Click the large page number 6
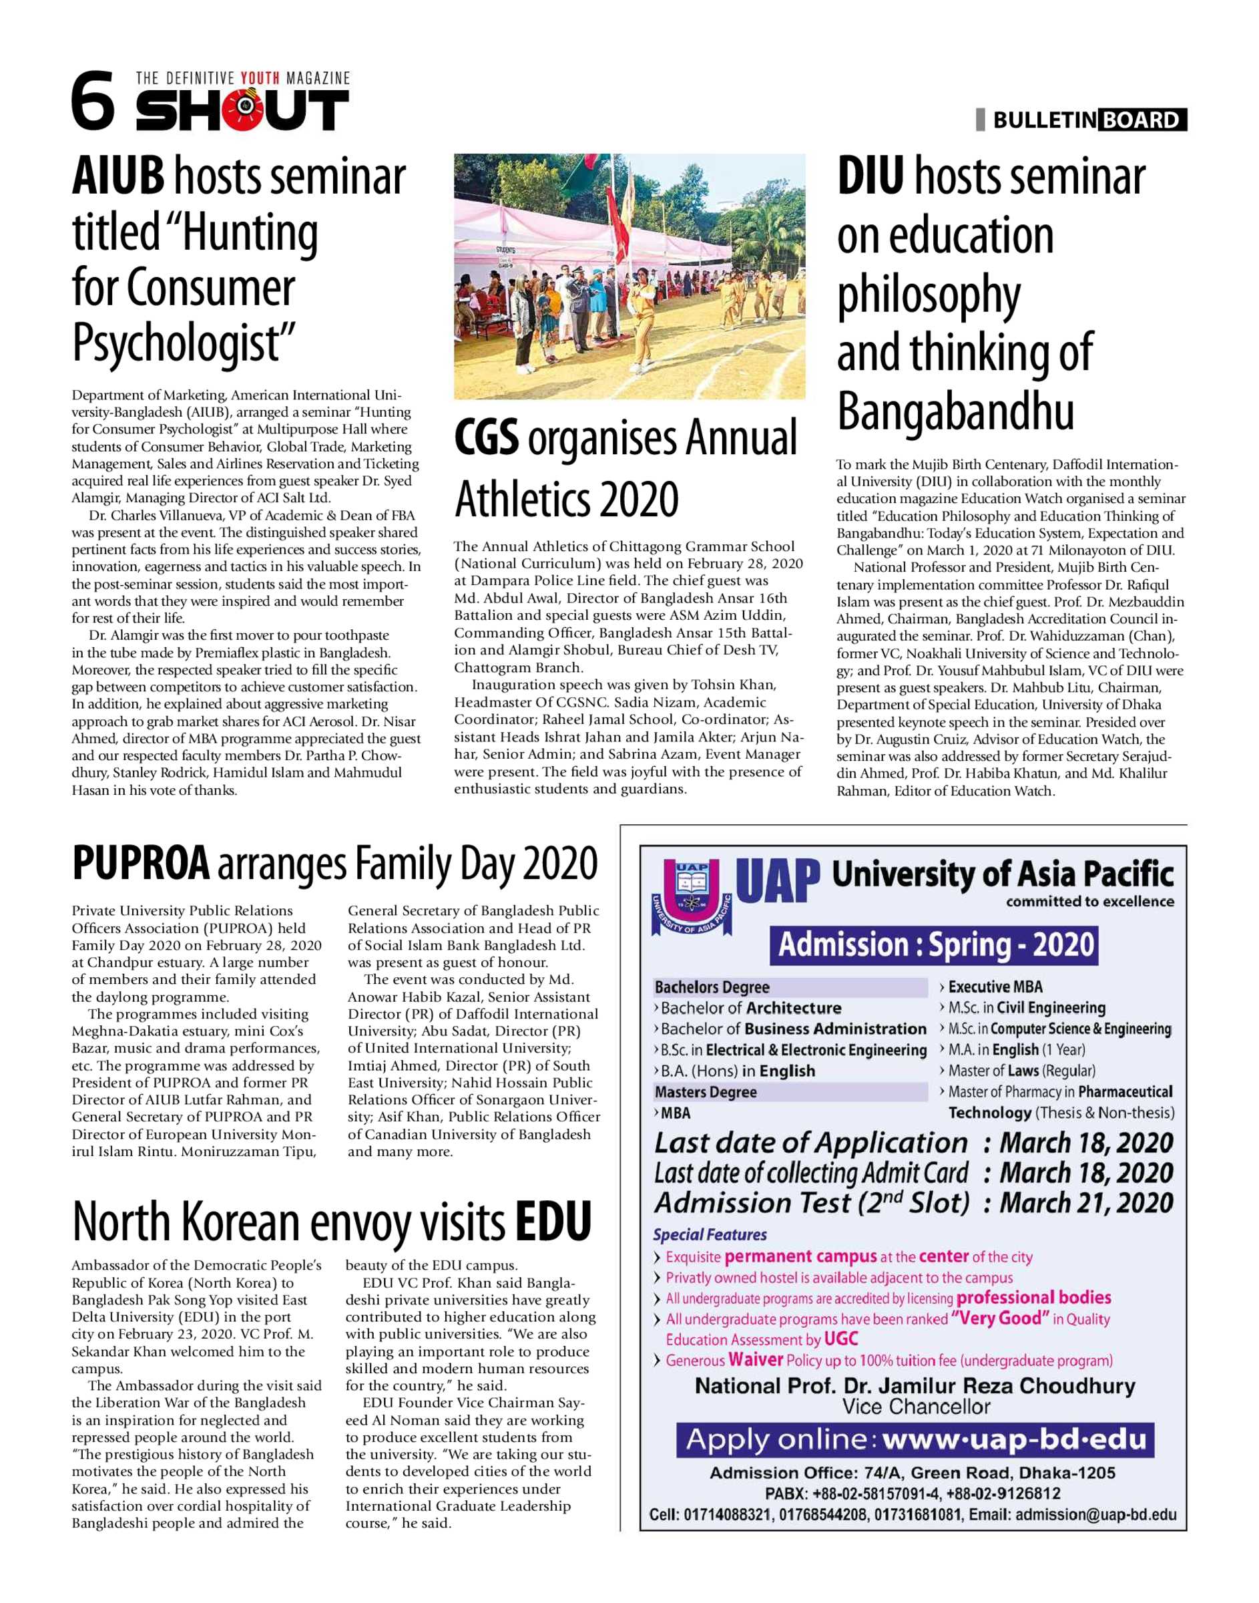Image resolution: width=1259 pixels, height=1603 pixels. point(93,102)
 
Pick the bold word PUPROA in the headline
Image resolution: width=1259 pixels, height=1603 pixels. point(141,864)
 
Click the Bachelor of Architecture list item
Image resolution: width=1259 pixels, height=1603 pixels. point(750,1008)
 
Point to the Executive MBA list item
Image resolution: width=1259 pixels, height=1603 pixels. point(995,987)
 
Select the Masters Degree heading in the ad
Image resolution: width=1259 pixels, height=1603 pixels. point(706,1092)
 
